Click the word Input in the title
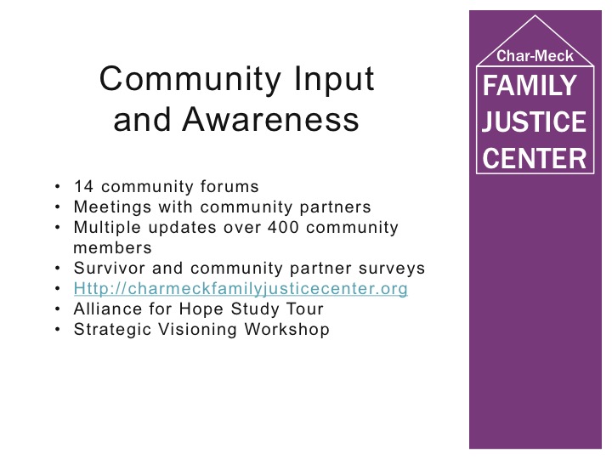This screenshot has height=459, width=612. tap(334, 79)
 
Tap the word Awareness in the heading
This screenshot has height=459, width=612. tap(270, 119)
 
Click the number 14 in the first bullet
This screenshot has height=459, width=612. tap(83, 186)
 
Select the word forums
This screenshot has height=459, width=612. tap(229, 186)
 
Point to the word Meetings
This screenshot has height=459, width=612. tap(112, 207)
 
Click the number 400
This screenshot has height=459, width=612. tap(283, 227)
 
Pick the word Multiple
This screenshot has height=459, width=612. tap(107, 228)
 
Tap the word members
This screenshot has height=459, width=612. tap(112, 248)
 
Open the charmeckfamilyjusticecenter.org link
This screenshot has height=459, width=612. tap(241, 289)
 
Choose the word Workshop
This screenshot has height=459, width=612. tap(287, 330)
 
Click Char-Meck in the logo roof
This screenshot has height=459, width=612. tap(535, 56)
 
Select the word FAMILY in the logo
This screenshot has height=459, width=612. tap(530, 86)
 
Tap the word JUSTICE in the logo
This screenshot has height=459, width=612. tap(534, 122)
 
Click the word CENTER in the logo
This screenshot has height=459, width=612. tap(535, 158)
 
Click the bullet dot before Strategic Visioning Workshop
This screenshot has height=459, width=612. tap(58, 330)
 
